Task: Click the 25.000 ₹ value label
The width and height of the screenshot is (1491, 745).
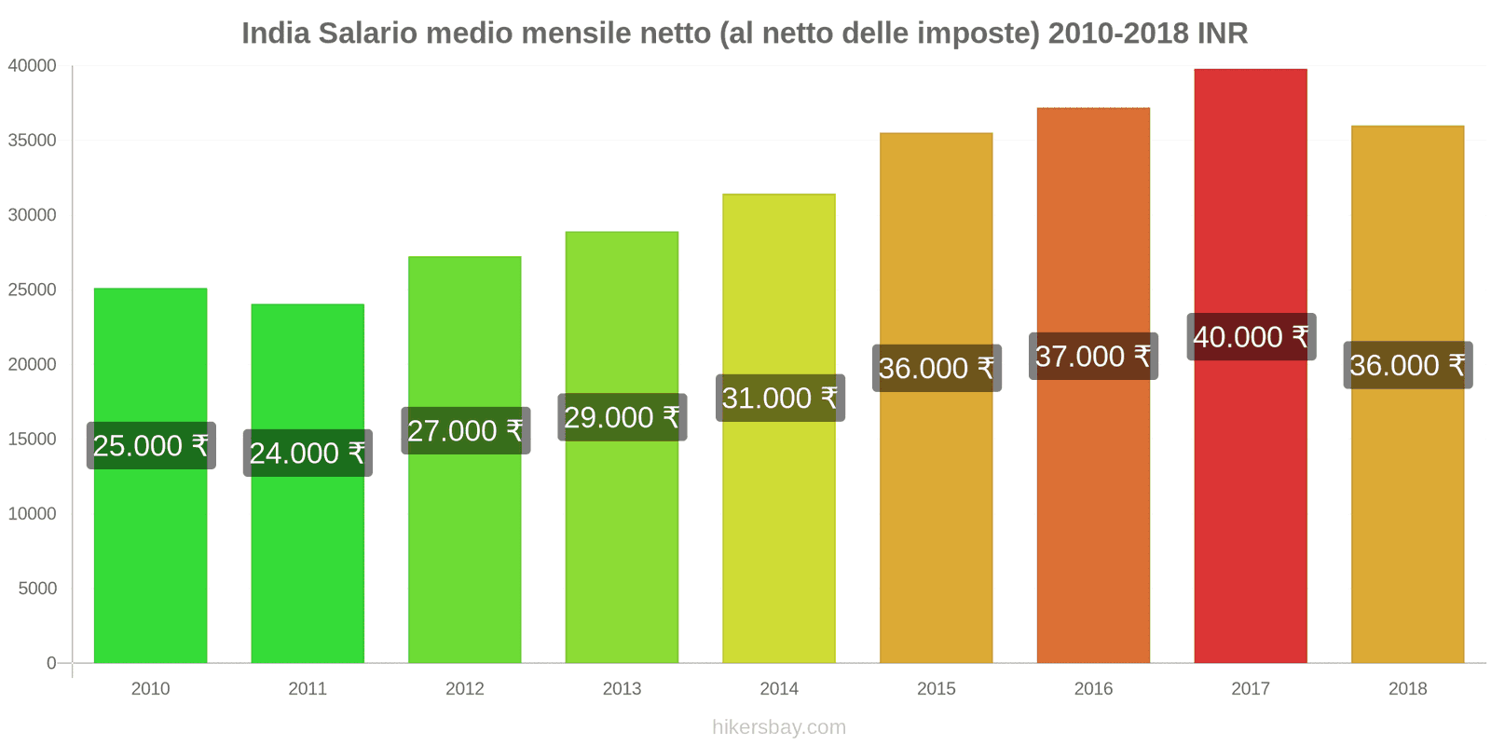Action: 151,446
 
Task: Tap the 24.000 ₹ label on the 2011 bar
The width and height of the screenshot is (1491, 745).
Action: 308,454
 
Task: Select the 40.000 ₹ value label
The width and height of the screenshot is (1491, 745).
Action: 1251,337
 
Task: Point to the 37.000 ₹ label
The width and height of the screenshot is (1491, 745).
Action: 1093,357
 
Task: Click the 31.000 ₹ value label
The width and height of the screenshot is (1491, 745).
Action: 780,399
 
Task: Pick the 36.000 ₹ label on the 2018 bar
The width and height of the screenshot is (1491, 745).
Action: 1407,365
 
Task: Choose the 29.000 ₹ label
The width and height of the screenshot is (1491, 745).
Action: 622,417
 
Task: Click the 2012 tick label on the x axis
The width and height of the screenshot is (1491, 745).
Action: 464,689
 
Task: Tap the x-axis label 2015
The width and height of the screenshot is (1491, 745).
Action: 936,689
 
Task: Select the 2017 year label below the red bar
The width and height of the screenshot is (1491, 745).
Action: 1250,689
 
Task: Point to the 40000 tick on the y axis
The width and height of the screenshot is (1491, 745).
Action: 33,66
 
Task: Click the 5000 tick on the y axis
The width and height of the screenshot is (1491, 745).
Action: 37,589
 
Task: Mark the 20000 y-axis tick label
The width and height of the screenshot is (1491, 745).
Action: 33,364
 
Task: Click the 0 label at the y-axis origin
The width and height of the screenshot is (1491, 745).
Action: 51,663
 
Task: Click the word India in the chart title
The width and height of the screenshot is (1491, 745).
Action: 275,34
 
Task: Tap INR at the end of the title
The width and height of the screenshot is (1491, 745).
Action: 1223,34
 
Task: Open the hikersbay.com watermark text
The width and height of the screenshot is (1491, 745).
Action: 779,727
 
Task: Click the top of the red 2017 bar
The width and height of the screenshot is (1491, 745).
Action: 1250,71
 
